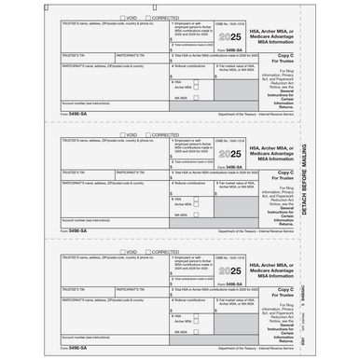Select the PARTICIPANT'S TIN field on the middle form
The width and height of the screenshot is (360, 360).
(142, 174)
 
